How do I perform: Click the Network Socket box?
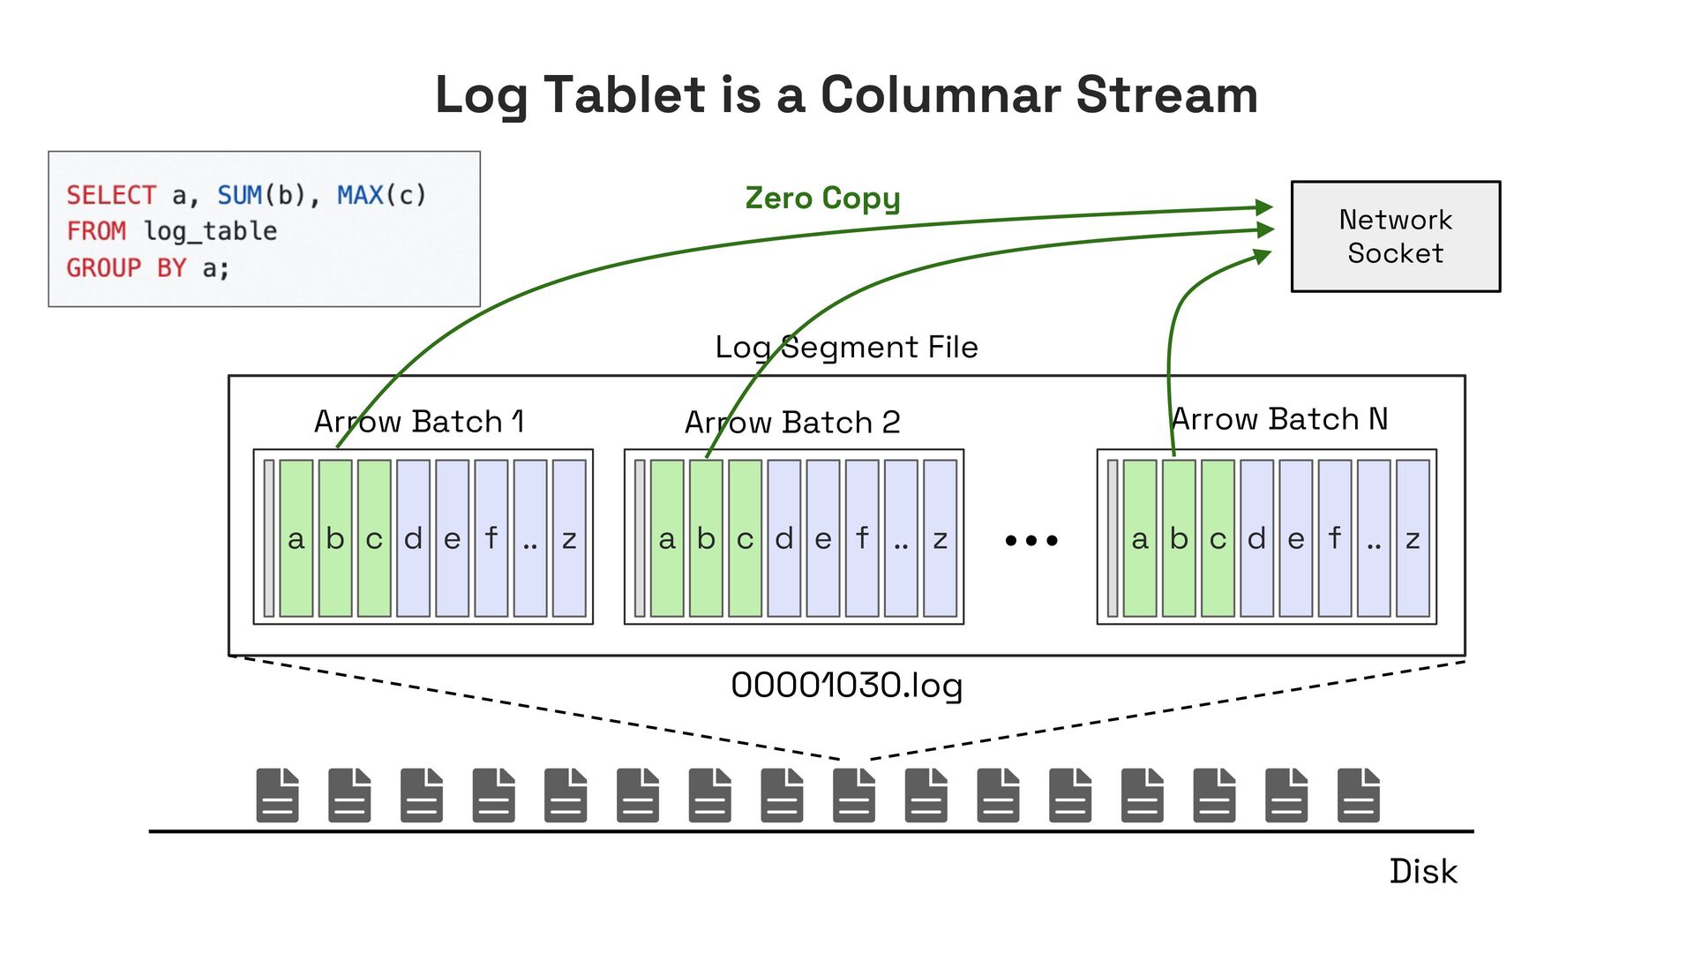click(1396, 236)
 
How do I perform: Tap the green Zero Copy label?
click(822, 199)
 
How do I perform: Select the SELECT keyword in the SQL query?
click(111, 195)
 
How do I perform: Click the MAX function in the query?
click(360, 195)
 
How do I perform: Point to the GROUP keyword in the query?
click(104, 267)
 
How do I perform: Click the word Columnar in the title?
click(941, 94)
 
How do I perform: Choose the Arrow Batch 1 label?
click(419, 421)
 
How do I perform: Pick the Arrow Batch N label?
click(1279, 418)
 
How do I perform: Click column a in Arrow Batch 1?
click(296, 538)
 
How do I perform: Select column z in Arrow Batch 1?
click(569, 538)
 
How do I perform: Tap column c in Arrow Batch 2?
click(746, 538)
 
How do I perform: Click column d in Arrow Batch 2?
click(784, 538)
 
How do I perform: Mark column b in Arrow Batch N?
click(1179, 538)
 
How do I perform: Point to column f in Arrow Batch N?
click(1335, 538)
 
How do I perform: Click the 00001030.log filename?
click(847, 686)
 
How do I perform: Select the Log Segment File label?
click(847, 347)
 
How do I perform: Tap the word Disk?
click(1423, 871)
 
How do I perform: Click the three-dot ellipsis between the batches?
click(1031, 540)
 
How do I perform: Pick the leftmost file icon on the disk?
click(278, 795)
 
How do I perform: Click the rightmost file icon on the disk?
click(1359, 795)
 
